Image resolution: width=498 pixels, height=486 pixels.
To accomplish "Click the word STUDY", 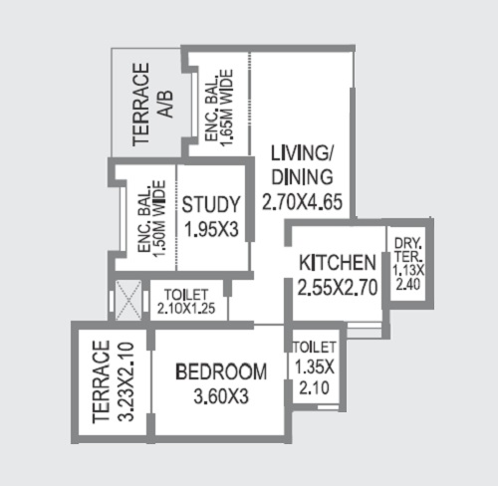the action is pos(211,204).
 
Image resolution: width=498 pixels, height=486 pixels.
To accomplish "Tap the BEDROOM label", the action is pos(221,371).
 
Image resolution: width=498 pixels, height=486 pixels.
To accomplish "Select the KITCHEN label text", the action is pos(338,263).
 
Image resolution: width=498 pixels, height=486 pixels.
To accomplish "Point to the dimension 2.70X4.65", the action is pos(302,202).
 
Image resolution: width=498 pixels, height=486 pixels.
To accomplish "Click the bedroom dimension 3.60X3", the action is pos(221,396).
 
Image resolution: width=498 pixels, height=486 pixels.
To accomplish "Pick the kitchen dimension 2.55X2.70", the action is pos(338,287).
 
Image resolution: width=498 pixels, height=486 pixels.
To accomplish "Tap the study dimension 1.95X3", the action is pos(211,229).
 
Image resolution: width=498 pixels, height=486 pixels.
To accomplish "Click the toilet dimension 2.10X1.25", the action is pos(186,309).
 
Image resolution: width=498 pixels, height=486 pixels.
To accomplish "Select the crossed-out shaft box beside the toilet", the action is pos(128,300).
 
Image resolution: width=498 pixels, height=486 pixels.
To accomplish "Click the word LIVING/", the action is pos(302,153).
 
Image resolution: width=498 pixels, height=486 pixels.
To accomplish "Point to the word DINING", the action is pos(302,177).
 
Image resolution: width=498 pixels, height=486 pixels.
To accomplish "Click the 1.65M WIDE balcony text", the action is pos(227,108).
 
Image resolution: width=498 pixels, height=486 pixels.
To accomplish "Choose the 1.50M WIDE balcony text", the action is pos(159,218).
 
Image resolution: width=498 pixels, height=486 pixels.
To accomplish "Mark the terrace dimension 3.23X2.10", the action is pos(126,381).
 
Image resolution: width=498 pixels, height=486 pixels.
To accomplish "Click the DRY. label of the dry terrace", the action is pos(408,244).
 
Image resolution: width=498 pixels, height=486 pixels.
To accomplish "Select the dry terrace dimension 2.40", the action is pos(408,285).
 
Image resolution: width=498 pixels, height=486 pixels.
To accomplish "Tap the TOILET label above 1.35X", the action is pos(315,348).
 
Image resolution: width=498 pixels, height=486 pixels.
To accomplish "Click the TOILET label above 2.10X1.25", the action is pos(186,295).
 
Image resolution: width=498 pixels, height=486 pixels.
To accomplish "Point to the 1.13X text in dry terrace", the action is pos(408,271).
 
